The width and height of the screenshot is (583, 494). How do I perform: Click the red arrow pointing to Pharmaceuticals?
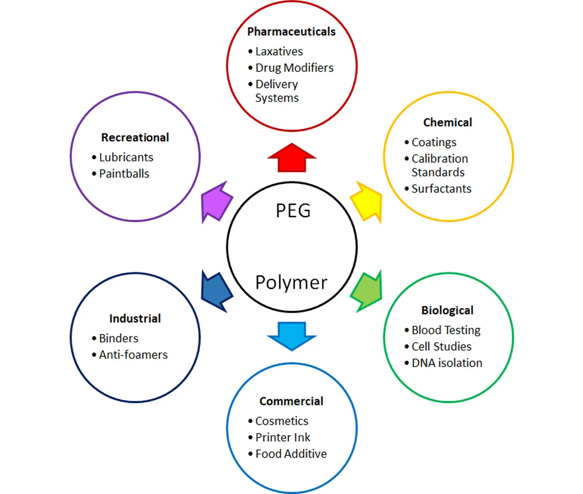pos(291,159)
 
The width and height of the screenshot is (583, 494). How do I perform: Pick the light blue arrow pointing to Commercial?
pos(291,335)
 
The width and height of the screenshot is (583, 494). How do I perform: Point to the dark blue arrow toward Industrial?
pos(217,291)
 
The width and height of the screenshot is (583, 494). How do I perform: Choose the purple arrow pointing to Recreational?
pos(217,202)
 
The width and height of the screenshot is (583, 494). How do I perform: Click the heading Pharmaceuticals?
pos(291,32)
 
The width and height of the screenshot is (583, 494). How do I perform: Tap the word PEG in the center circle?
pos(293,211)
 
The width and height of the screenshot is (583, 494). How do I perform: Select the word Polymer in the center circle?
pos(291,282)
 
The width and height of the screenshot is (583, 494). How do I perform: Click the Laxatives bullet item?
pos(279,52)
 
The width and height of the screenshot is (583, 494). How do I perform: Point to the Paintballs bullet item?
pos(124,174)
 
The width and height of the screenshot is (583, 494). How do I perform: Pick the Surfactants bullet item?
pos(441,189)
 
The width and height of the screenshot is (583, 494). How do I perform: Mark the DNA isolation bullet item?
pos(446,363)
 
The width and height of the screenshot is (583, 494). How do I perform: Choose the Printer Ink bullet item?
pos(283,438)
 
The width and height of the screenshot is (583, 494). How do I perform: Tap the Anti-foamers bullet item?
pos(133,355)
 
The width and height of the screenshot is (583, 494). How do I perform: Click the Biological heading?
pos(447,310)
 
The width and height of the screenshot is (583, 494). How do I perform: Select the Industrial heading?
pos(135,318)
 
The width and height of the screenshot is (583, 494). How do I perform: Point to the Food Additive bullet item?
pos(291,454)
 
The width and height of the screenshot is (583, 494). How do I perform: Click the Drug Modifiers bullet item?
pos(294,68)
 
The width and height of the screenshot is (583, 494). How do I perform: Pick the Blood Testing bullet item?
pos(446,330)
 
